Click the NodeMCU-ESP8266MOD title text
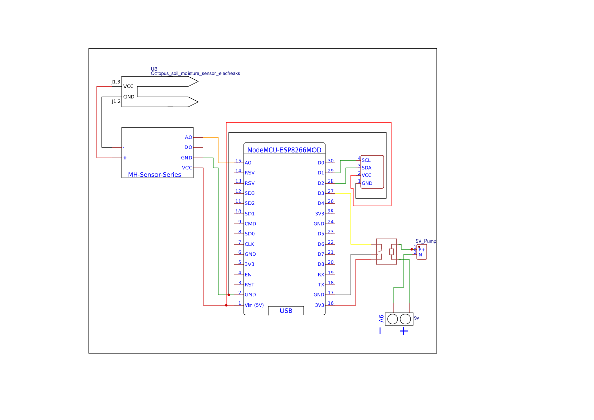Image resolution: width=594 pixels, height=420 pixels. pos(284,150)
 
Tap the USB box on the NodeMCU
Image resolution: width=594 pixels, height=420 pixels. pos(286,311)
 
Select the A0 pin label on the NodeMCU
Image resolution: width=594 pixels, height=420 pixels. pos(247,163)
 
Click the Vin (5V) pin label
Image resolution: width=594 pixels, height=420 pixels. pos(254,305)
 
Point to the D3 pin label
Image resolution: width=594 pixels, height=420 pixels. pos(321,193)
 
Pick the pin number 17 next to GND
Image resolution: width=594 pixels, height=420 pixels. pos(331,292)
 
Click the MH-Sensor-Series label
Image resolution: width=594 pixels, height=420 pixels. pos(154,174)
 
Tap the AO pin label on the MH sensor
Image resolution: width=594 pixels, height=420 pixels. pos(189,137)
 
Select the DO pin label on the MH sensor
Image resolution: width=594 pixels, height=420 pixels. pos(188,147)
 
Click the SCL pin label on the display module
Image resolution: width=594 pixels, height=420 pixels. pos(366,160)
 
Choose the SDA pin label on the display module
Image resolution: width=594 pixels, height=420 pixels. pos(366,168)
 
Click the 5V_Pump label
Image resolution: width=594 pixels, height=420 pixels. pos(426,241)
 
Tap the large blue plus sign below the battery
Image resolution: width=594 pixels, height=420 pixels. pos(404,331)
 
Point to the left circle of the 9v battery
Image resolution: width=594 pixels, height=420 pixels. pos(392,319)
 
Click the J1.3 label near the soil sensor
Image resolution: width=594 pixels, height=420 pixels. pos(116,82)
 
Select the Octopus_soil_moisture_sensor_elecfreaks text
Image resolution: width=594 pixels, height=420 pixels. pos(195,73)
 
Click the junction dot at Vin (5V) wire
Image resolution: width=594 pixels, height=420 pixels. pos(226,305)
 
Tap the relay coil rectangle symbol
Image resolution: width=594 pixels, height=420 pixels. pos(391,252)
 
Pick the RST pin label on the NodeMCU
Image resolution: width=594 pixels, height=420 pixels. pos(249,285)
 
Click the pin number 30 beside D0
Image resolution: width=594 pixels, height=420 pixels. pos(331,160)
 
